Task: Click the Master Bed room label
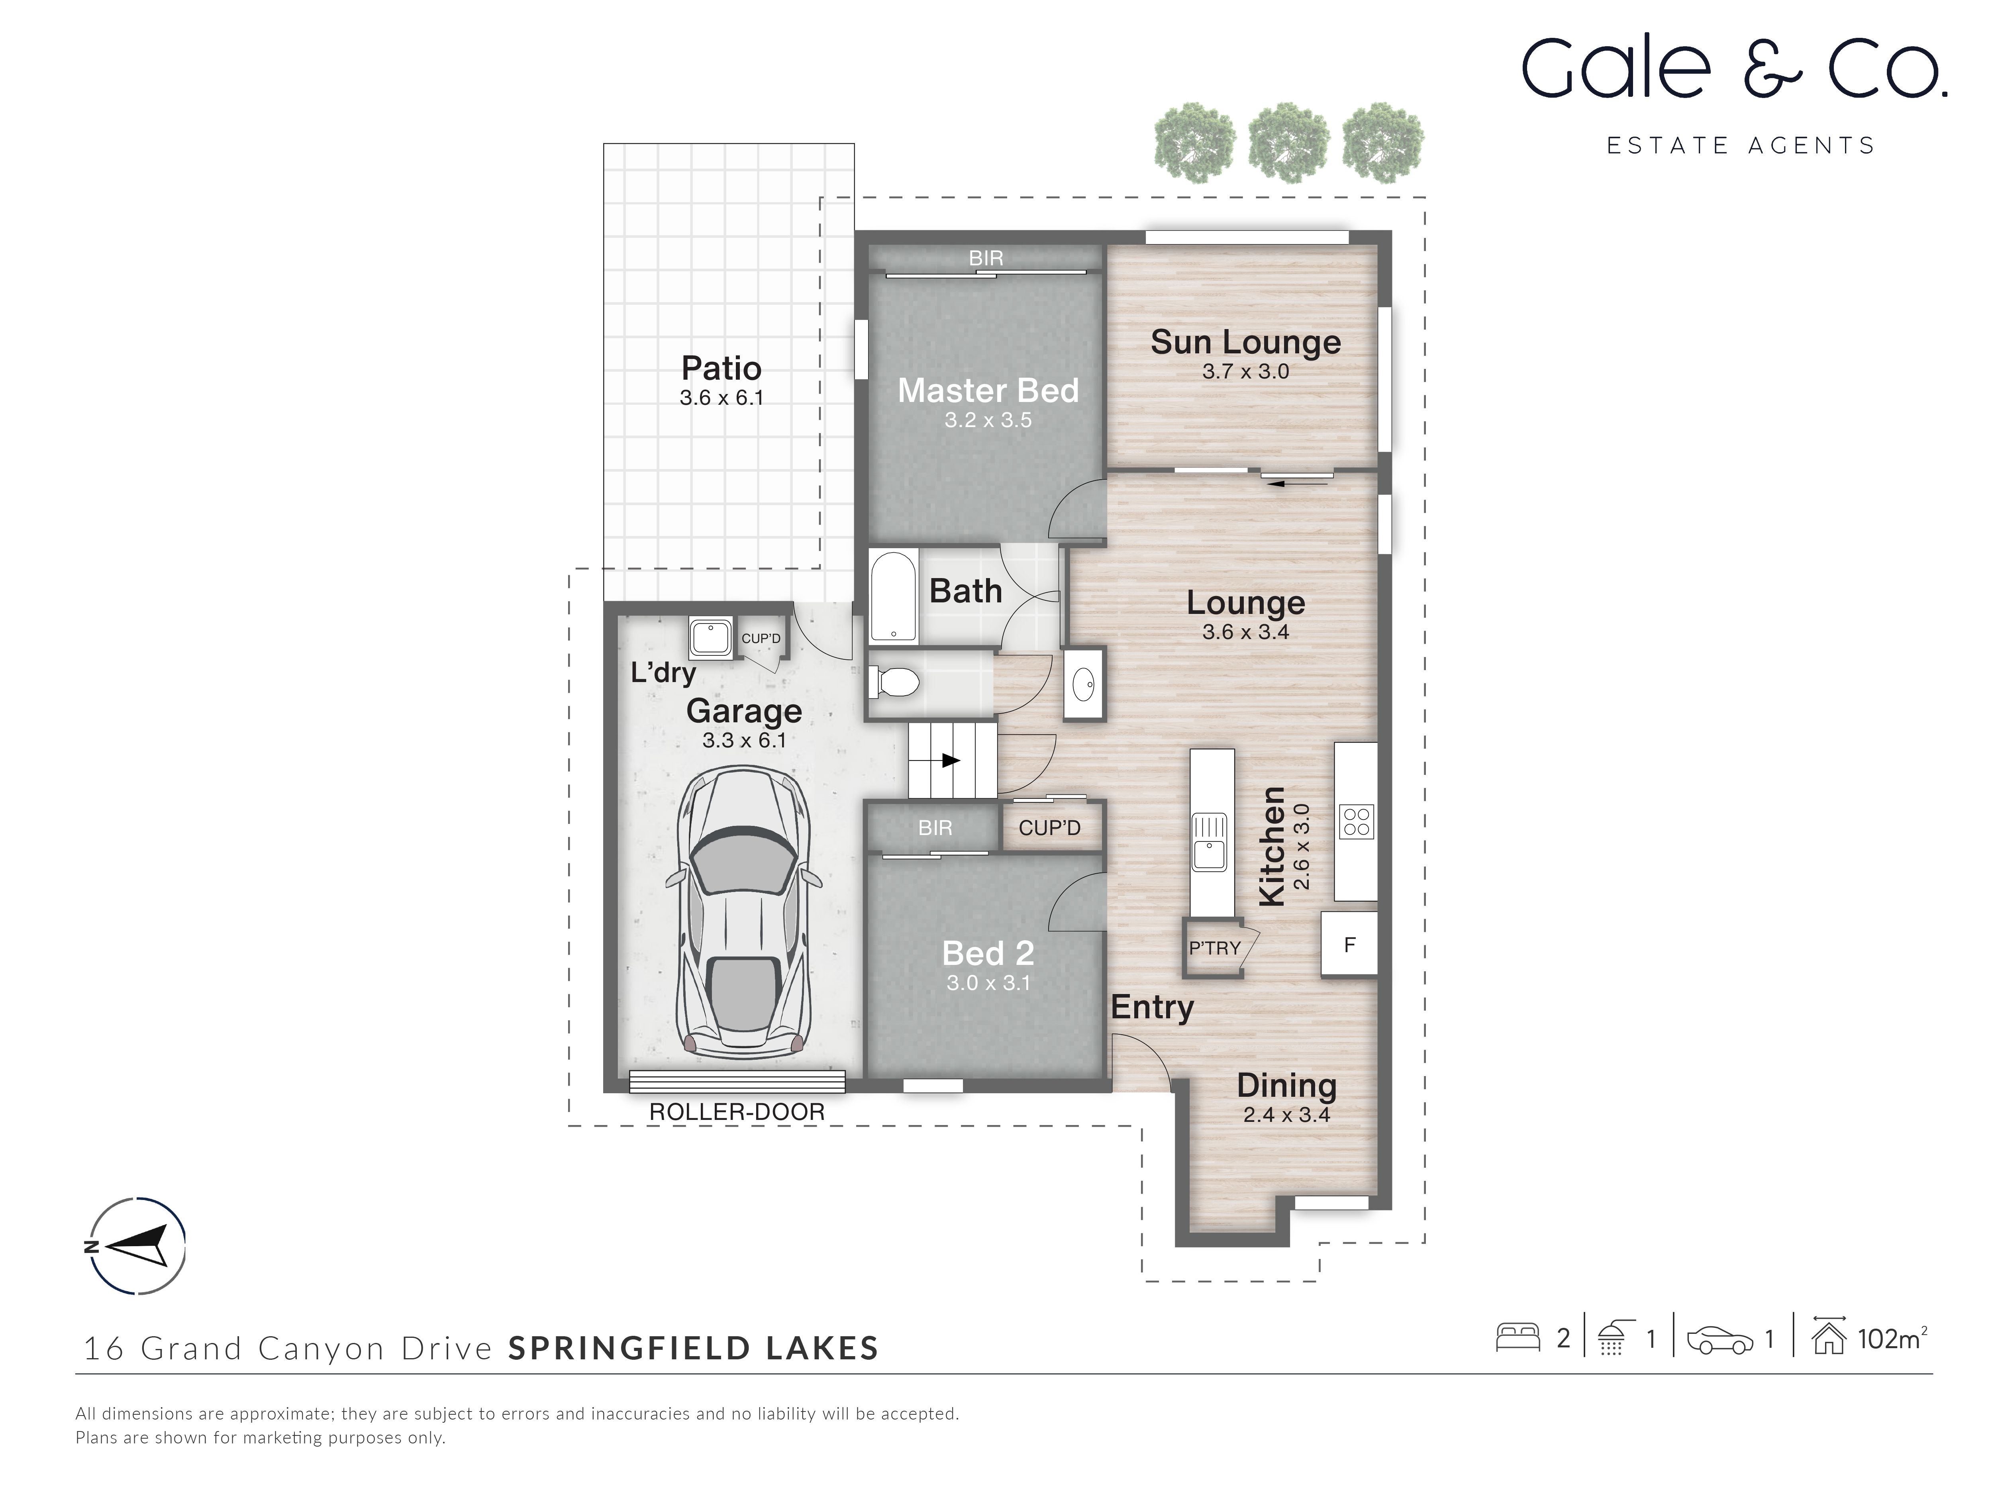click(988, 391)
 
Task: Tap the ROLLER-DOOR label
click(737, 1112)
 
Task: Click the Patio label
click(722, 369)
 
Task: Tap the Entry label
click(1152, 1007)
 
